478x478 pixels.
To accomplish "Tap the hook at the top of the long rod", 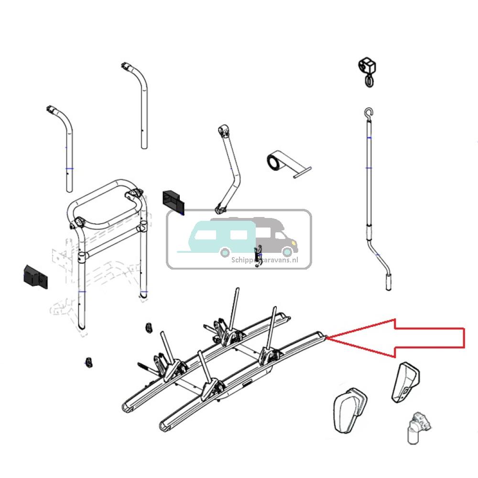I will click(x=367, y=112).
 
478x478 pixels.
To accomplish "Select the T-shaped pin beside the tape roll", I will click(x=302, y=173).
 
